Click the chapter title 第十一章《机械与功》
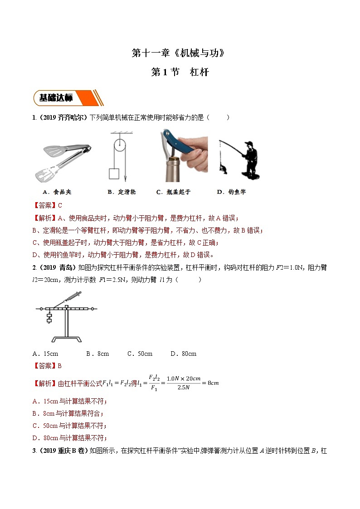point(179,53)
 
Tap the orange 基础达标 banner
point(68,98)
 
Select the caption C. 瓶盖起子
point(173,192)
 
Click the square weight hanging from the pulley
point(114,174)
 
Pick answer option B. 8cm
point(97,354)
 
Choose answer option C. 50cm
point(140,354)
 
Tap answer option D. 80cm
point(183,354)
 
